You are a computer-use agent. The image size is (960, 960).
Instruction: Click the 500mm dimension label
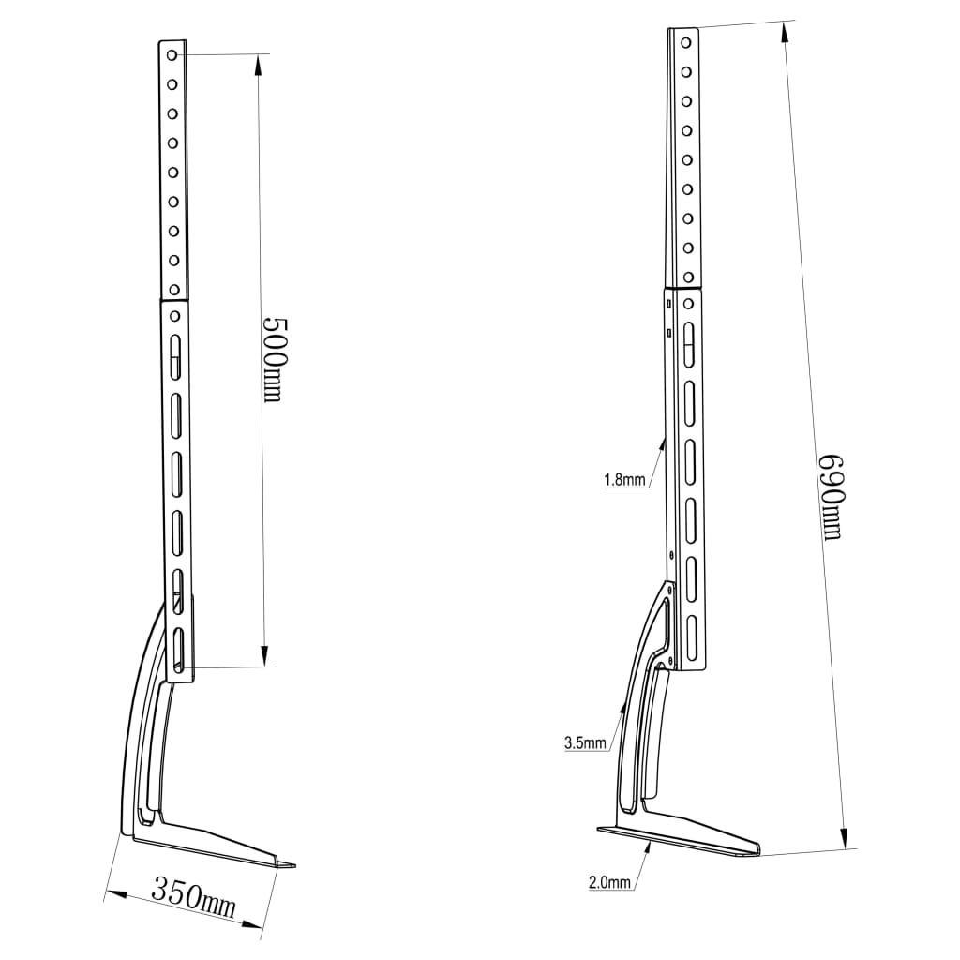tap(274, 360)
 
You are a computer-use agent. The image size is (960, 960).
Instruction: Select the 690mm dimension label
tap(831, 497)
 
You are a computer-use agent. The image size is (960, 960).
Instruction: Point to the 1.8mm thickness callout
tap(624, 479)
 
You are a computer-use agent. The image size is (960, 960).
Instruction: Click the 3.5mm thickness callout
tap(585, 743)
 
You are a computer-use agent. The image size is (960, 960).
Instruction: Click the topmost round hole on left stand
tap(172, 55)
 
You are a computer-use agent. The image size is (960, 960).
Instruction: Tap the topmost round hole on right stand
tap(685, 43)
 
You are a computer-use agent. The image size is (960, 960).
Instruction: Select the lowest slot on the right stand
tap(692, 637)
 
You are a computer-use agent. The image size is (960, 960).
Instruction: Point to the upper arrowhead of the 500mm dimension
tap(259, 67)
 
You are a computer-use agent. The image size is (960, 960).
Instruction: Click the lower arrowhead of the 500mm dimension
tap(264, 655)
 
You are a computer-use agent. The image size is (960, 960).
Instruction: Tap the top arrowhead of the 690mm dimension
tap(785, 33)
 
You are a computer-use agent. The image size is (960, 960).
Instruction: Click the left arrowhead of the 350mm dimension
tap(116, 894)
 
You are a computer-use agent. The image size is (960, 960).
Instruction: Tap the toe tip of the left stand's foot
tap(294, 865)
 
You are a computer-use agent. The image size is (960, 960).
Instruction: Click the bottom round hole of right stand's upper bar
tap(688, 277)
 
